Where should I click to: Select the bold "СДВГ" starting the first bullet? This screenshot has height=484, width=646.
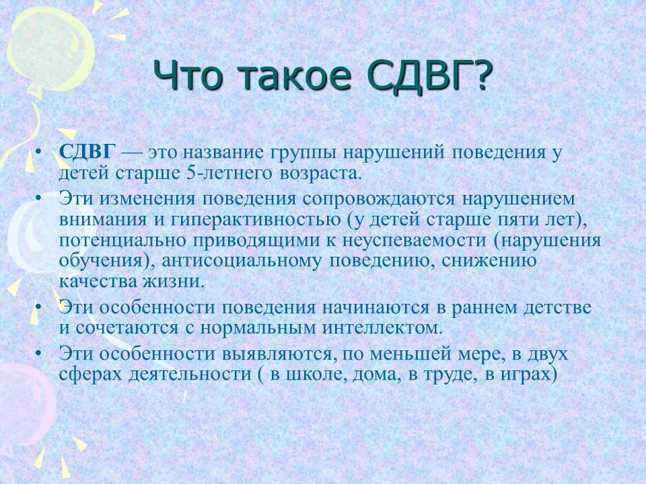(87, 153)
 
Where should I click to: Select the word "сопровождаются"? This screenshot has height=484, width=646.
(379, 199)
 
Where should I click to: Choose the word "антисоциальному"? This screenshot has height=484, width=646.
(241, 261)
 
